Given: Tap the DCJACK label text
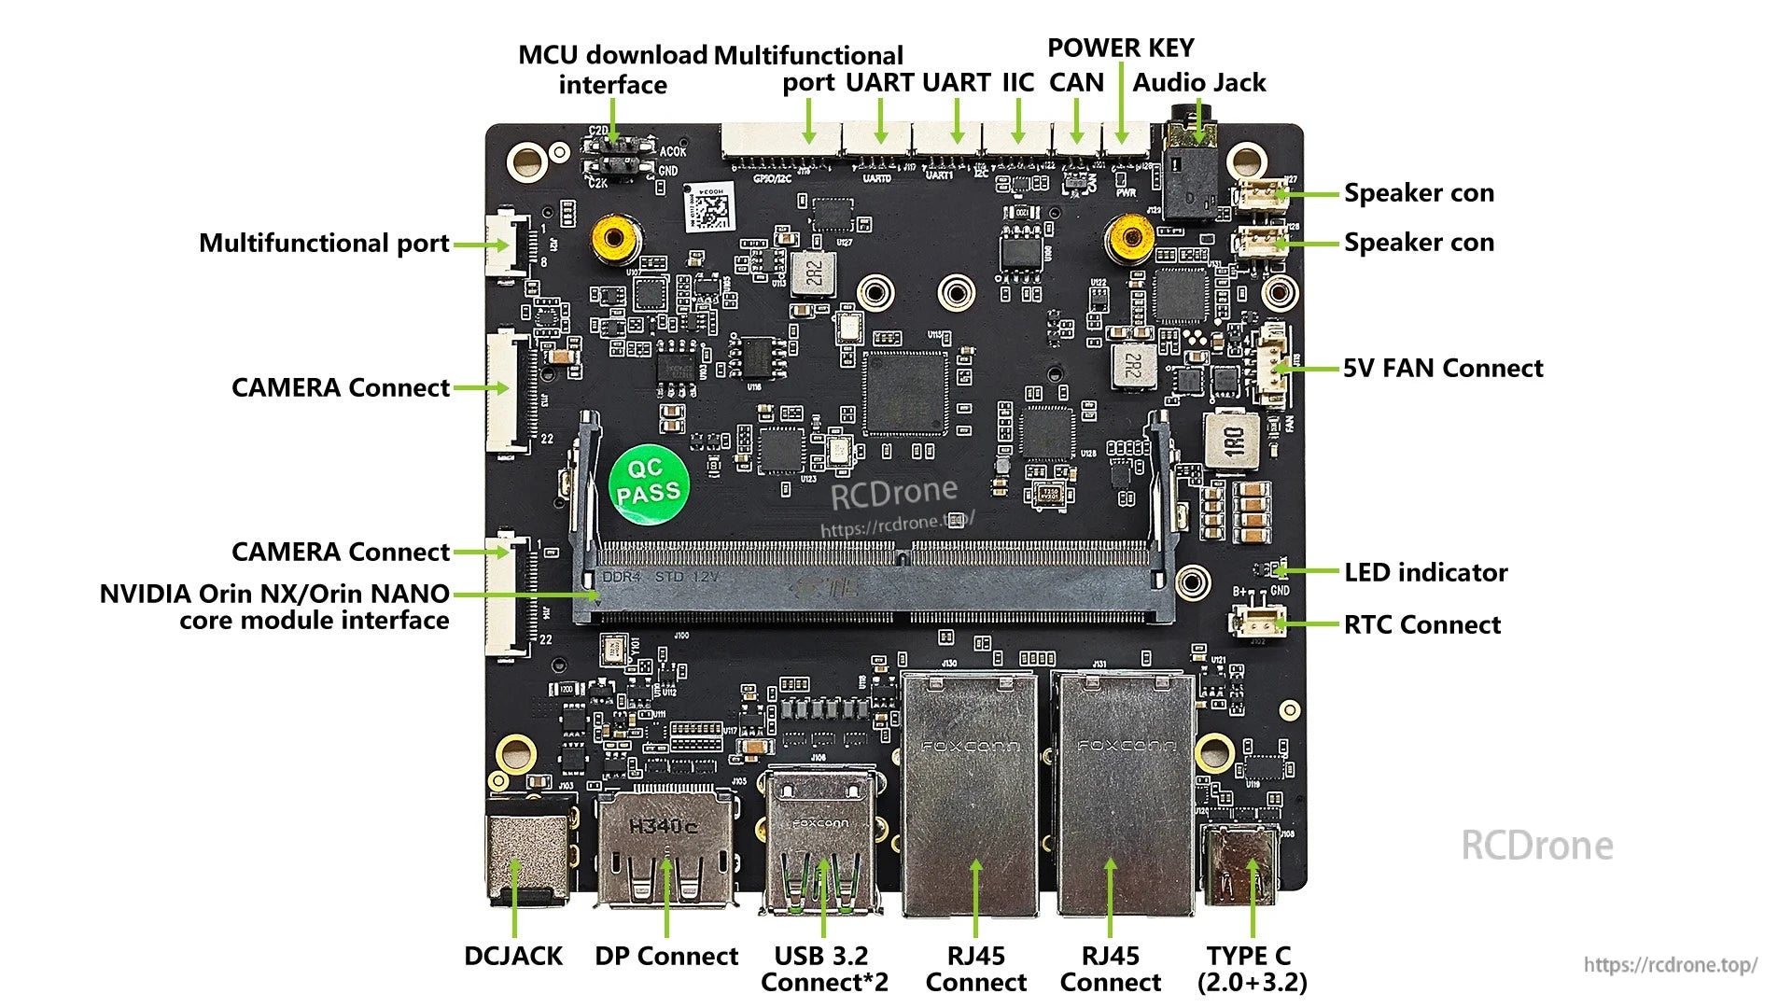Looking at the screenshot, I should pos(513,956).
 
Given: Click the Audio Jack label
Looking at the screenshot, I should pos(1199,83).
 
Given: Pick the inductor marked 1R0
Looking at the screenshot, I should pos(1232,440).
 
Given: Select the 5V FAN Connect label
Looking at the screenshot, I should pos(1442,369).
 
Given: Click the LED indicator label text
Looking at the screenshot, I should pos(1425,572).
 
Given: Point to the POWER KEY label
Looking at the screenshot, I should pos(1120,49).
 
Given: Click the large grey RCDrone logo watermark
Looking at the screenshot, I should pos(1536,846).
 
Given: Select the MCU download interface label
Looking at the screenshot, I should pos(613,70).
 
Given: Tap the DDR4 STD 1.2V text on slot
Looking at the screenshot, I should pos(660,577).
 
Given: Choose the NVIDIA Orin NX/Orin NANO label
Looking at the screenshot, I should pos(274,607).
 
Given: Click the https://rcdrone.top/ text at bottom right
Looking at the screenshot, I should pos(1670,965).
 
